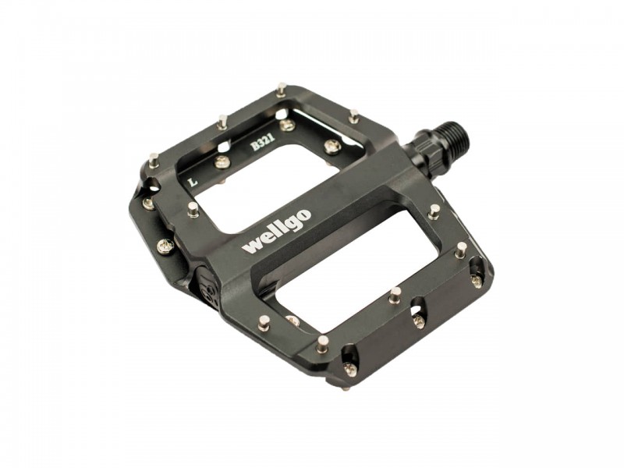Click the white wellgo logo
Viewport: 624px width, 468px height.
tap(277, 231)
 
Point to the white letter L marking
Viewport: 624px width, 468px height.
tap(193, 183)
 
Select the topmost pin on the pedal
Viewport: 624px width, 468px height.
tap(282, 89)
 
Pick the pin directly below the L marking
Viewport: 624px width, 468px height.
tap(193, 209)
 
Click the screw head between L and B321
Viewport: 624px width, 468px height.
tap(222, 161)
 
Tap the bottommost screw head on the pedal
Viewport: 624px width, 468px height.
tap(349, 369)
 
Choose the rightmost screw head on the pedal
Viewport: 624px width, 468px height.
tap(476, 280)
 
